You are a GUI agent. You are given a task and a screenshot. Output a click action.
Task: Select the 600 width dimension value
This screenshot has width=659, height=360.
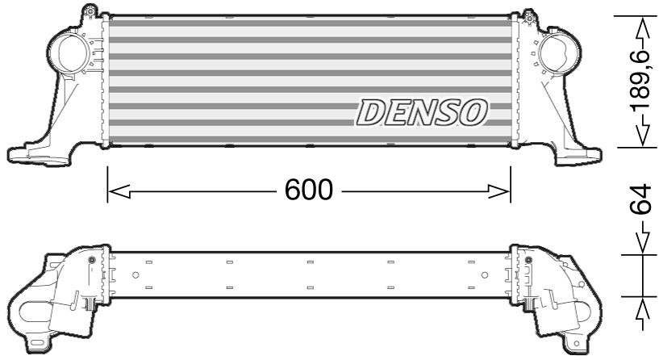click(x=308, y=190)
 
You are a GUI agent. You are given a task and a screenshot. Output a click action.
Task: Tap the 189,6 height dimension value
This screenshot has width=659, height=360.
click(x=640, y=81)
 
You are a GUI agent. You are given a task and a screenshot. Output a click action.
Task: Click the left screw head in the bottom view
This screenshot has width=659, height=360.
click(x=91, y=260)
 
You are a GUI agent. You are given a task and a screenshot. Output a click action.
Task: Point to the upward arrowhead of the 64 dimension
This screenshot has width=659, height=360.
click(x=643, y=311)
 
